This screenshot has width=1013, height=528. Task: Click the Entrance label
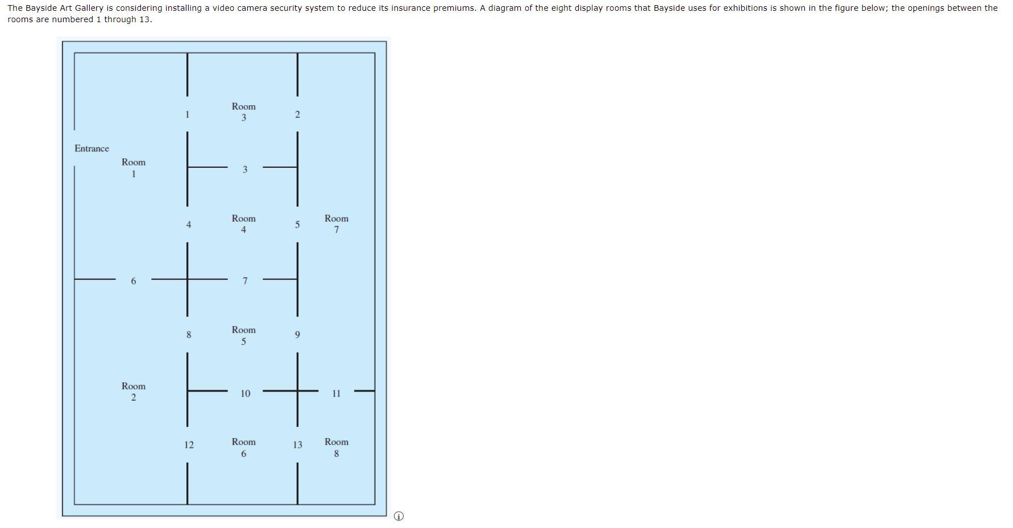[x=92, y=148]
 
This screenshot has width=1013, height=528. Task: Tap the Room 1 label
[x=134, y=168]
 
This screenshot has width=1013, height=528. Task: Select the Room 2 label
[x=134, y=391]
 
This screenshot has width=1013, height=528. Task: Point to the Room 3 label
[x=244, y=112]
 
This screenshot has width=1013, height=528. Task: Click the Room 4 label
[x=244, y=224]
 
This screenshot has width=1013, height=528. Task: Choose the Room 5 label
[x=244, y=336]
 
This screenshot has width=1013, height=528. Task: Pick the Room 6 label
[x=244, y=448]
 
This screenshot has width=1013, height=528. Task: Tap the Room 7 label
[x=337, y=224]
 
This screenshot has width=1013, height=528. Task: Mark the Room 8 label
[x=337, y=448]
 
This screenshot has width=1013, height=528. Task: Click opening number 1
[x=187, y=115]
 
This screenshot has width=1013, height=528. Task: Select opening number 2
[x=297, y=115]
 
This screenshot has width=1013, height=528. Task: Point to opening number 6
[x=134, y=281]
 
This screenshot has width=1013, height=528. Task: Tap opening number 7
[x=245, y=281]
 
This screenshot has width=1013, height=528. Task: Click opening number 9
[x=297, y=335]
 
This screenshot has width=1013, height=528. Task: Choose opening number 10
[x=245, y=394]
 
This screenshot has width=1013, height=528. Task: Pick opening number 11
[x=337, y=394]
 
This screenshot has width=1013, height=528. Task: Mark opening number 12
[x=189, y=445]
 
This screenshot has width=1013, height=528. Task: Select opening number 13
[x=297, y=445]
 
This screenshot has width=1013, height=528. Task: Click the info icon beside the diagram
[x=398, y=516]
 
